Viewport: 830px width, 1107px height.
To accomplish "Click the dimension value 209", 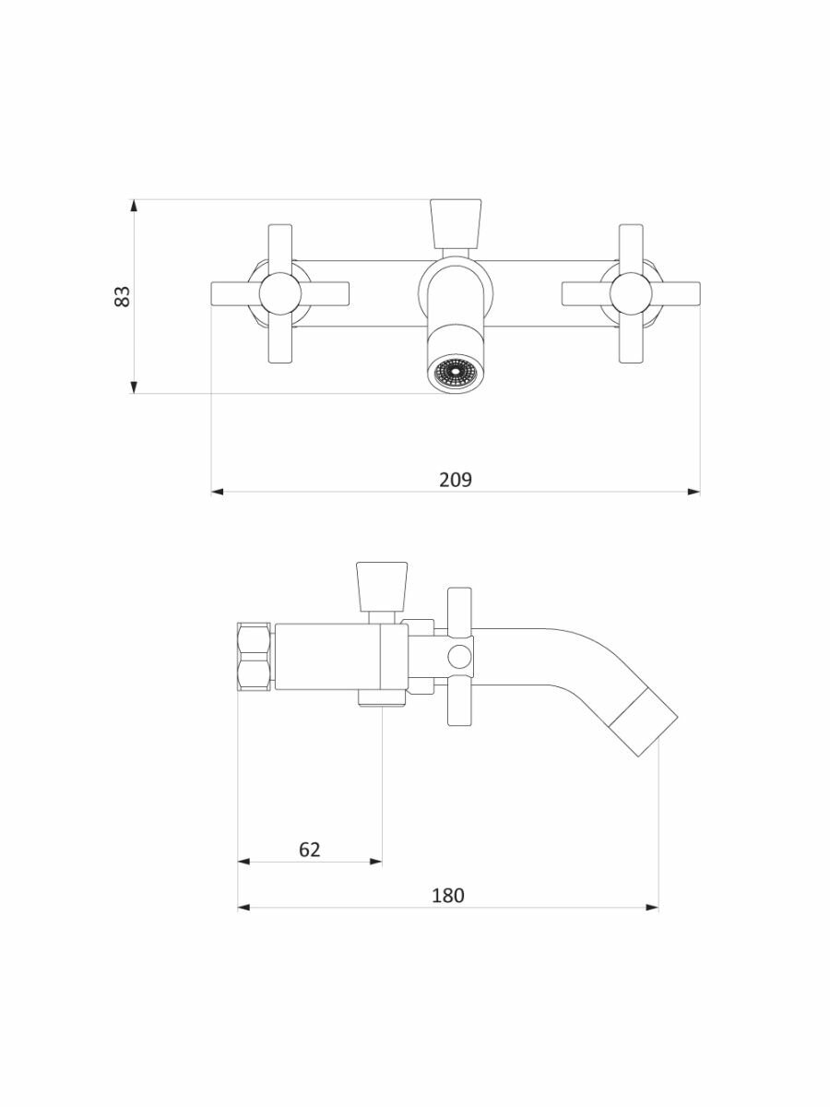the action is pos(456,480).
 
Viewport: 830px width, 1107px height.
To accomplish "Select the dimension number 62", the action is pos(310,850).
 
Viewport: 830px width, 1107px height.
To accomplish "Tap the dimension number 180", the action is pos(447,895).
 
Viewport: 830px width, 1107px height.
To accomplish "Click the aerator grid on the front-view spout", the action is pos(456,375).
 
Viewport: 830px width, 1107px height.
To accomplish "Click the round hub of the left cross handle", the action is pos(279,294).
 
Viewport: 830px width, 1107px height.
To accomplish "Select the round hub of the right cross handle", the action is pos(631,294).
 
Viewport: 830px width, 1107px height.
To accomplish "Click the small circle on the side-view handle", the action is pos(458,656).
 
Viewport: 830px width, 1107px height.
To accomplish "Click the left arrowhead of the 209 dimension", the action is pos(218,492).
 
